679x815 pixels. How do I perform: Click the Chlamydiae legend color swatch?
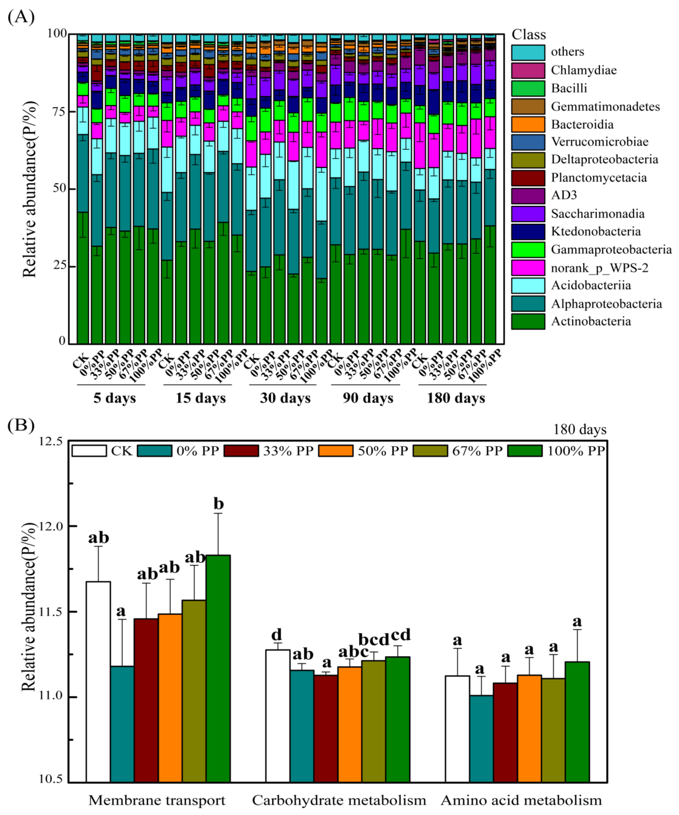click(x=528, y=70)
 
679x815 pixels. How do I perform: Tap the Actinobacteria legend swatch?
click(x=528, y=321)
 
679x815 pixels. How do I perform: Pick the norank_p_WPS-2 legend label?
click(x=599, y=268)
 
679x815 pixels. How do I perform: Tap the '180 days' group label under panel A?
click(x=456, y=398)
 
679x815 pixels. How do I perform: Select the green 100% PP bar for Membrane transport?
click(x=218, y=668)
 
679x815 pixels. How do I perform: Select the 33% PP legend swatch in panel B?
click(x=241, y=451)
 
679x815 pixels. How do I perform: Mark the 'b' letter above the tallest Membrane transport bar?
click(x=219, y=504)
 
